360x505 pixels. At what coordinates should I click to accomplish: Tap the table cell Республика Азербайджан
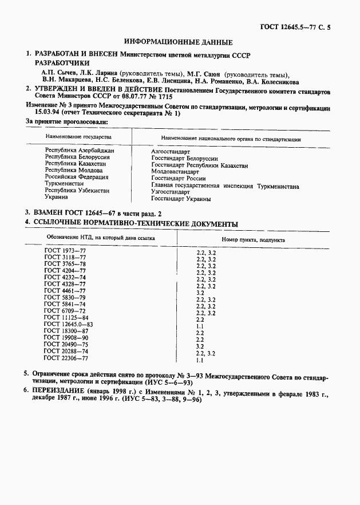80,151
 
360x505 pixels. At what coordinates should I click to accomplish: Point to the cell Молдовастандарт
175,172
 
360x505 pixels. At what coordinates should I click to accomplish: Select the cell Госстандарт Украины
181,199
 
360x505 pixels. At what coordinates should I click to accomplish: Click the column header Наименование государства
74,138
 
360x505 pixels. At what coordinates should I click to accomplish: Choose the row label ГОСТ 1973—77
65,251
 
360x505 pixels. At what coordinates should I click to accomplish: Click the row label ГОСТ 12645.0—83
68,324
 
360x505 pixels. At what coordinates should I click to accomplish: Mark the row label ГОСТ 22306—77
66,358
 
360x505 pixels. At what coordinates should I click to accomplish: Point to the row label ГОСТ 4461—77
65,291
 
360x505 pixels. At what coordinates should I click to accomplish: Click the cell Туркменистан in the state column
64,184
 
